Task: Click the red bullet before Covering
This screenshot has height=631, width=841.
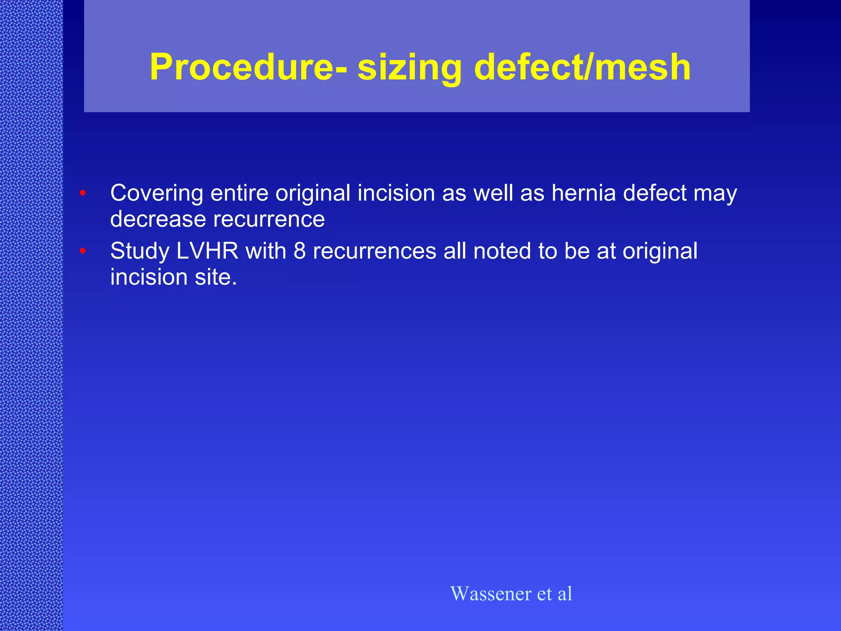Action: pyautogui.click(x=83, y=193)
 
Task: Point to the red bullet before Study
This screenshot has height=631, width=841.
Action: pyautogui.click(x=83, y=251)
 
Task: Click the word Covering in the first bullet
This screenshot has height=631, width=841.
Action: pyautogui.click(x=156, y=193)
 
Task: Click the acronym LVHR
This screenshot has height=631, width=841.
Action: pyautogui.click(x=207, y=251)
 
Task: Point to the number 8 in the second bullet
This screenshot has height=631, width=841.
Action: pyautogui.click(x=299, y=251)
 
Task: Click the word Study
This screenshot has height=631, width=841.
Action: pyautogui.click(x=140, y=251)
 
